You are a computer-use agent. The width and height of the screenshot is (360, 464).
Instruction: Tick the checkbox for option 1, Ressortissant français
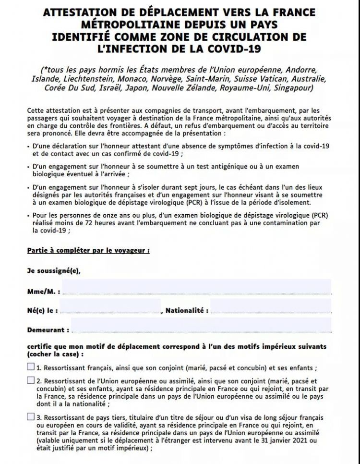tap(31, 367)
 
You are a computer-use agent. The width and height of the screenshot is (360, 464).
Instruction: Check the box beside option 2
tap(31, 380)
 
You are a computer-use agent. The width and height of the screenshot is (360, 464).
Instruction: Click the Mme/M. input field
tap(197, 287)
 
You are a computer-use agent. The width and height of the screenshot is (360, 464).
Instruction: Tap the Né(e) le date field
tap(110, 306)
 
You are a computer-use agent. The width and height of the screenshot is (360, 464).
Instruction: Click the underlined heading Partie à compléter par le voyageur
tap(88, 250)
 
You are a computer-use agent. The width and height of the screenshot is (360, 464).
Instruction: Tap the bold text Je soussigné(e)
tap(54, 270)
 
